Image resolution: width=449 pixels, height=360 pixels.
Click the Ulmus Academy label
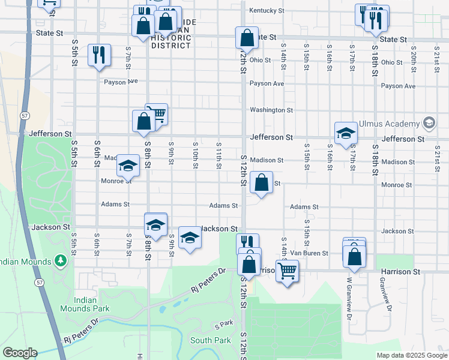pyautogui.click(x=389, y=124)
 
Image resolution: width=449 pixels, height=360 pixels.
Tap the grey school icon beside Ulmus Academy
pyautogui.click(x=429, y=124)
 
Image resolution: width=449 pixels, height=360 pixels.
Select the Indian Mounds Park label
pyautogui.click(x=85, y=304)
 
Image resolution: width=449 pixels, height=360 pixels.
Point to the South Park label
pyautogui.click(x=210, y=340)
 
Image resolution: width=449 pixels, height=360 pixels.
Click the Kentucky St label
pyautogui.click(x=267, y=11)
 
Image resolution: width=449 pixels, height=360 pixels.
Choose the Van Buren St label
pyautogui.click(x=310, y=254)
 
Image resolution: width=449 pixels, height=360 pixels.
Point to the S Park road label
pyautogui.click(x=223, y=325)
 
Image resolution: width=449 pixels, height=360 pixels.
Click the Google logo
pyautogui.click(x=20, y=352)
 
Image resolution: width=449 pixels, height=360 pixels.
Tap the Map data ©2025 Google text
pyautogui.click(x=412, y=355)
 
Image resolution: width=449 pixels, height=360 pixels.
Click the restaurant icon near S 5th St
pyautogui.click(x=98, y=55)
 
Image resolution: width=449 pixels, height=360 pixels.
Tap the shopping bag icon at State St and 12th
pyautogui.click(x=247, y=37)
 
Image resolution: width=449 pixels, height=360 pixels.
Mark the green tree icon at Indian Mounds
pyautogui.click(x=60, y=261)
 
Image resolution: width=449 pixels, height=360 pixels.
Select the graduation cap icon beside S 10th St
pyautogui.click(x=190, y=238)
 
